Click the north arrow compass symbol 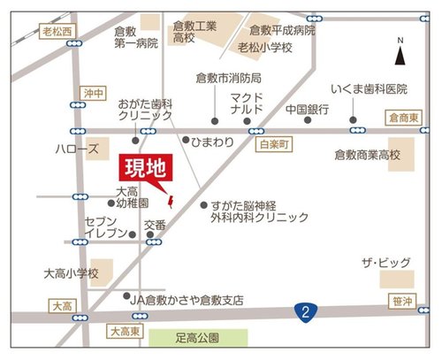click(x=400, y=53)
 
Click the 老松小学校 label click(x=264, y=47)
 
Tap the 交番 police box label click(x=155, y=225)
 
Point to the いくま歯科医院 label click(x=370, y=89)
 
